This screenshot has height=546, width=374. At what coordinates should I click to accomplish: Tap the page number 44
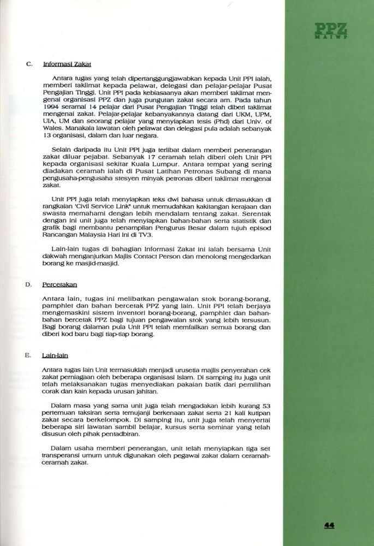click(x=329, y=525)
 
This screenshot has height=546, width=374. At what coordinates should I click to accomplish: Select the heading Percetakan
click(x=60, y=284)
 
